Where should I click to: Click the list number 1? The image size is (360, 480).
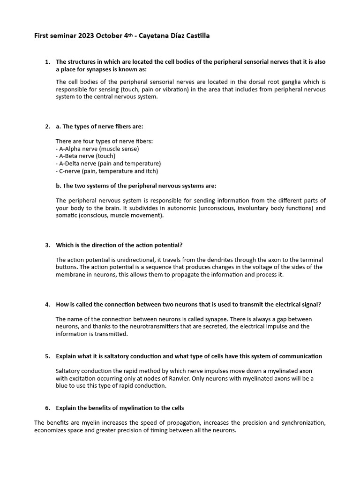tap(47, 62)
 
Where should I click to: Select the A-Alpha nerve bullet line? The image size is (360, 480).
tap(97, 149)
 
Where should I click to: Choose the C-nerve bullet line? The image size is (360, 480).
tap(105, 171)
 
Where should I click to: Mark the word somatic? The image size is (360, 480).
tap(67, 216)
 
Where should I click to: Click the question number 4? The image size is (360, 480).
tap(47, 304)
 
